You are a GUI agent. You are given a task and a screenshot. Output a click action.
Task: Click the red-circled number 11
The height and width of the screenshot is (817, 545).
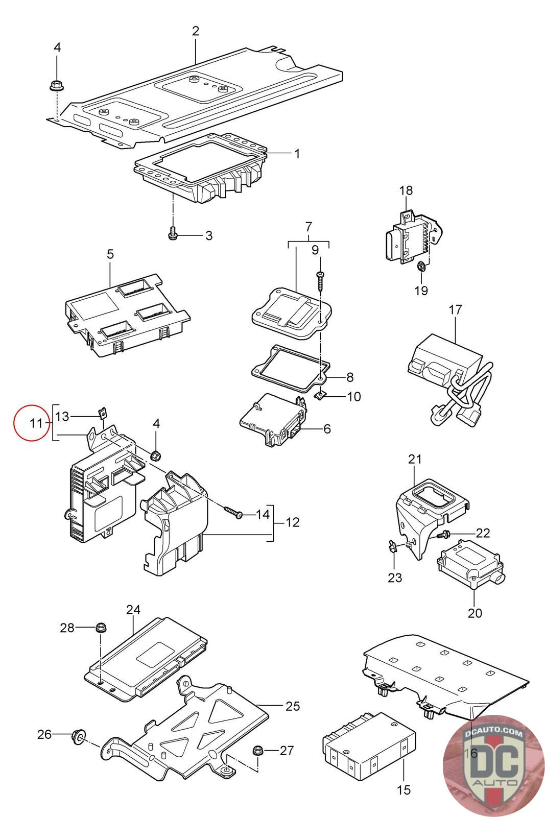tap(36, 423)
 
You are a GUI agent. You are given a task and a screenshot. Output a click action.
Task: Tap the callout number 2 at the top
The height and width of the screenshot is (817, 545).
tap(196, 31)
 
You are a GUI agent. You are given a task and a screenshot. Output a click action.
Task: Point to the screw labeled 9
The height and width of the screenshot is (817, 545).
tap(320, 280)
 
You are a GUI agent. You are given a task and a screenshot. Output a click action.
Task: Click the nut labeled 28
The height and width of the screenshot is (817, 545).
tap(100, 627)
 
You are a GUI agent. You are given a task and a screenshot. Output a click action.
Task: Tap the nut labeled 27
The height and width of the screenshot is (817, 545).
tap(258, 750)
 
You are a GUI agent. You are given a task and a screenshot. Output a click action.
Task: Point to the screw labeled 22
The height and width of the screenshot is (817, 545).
tap(443, 534)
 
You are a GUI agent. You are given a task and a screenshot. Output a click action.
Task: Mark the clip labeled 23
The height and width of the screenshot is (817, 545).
tap(392, 548)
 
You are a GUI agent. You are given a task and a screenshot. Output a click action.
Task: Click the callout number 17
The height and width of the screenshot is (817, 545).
tap(455, 309)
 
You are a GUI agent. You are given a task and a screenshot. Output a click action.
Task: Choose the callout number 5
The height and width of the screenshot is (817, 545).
tap(110, 254)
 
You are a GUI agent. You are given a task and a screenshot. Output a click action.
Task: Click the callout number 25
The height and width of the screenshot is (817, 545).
tap(293, 706)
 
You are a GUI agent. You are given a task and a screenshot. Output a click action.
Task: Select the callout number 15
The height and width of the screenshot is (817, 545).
tap(404, 789)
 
